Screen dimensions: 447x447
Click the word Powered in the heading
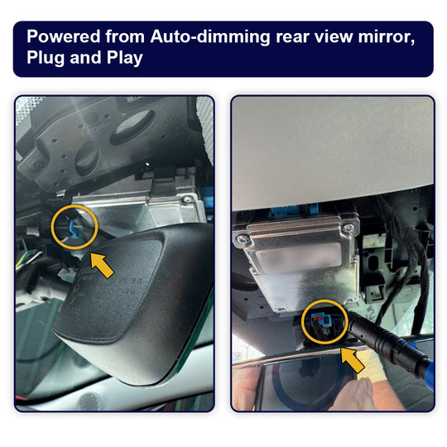click(x=63, y=36)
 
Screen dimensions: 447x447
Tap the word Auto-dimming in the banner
click(x=210, y=37)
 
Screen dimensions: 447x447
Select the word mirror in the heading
click(x=387, y=37)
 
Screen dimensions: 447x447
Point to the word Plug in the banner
click(x=45, y=58)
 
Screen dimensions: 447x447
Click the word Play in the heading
click(x=124, y=58)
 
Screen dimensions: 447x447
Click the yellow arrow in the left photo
click(x=103, y=266)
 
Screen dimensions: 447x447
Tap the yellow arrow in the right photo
click(x=353, y=360)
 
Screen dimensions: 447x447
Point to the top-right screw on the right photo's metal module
click(x=348, y=228)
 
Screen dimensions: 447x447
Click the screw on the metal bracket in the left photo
click(x=187, y=199)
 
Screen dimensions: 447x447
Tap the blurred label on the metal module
click(x=299, y=257)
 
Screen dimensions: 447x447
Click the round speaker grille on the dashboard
click(x=89, y=401)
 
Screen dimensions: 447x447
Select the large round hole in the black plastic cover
click(x=132, y=127)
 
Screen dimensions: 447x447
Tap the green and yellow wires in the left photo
click(x=27, y=258)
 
